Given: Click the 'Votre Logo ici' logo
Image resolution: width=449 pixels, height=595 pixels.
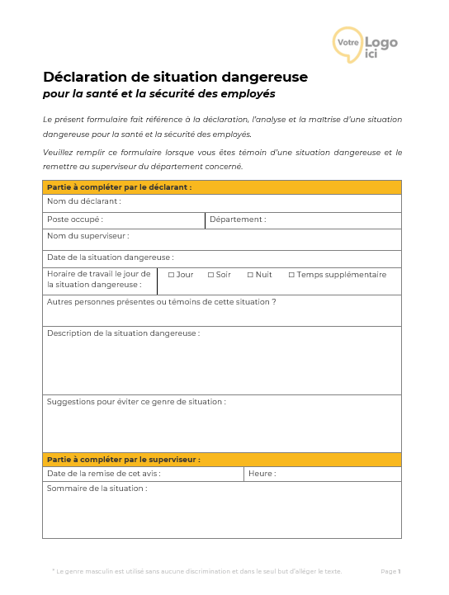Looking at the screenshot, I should pyautogui.click(x=365, y=44).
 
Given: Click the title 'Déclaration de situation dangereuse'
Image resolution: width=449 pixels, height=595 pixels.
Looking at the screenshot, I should pyautogui.click(x=175, y=77).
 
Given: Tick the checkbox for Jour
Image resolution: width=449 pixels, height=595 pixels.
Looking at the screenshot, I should pyautogui.click(x=171, y=275).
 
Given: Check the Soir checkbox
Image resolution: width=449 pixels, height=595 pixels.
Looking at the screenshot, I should pyautogui.click(x=210, y=275).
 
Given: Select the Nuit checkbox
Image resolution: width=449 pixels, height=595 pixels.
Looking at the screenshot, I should pyautogui.click(x=250, y=275).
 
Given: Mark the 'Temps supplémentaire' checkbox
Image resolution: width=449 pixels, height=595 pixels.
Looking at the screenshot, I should pyautogui.click(x=291, y=275).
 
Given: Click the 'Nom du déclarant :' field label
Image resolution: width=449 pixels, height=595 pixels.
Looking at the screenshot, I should pyautogui.click(x=83, y=201).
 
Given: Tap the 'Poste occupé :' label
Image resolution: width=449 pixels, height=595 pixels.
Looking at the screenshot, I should pyautogui.click(x=75, y=220).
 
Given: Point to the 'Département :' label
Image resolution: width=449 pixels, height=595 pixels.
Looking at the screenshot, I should pyautogui.click(x=238, y=220).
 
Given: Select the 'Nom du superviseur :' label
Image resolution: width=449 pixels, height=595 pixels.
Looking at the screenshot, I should pyautogui.click(x=87, y=236).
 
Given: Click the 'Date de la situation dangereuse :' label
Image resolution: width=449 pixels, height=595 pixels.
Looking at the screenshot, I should pyautogui.click(x=110, y=257).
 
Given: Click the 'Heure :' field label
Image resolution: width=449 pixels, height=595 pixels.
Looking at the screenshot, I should pyautogui.click(x=262, y=474).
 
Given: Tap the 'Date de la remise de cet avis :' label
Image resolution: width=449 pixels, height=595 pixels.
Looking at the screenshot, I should pyautogui.click(x=103, y=474).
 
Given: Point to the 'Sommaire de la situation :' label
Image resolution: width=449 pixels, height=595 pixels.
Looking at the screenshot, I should pyautogui.click(x=97, y=489).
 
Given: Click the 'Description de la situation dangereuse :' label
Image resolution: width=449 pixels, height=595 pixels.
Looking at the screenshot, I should pyautogui.click(x=123, y=333).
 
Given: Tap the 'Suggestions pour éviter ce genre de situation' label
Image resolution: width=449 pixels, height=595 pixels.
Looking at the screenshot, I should pyautogui.click(x=136, y=402).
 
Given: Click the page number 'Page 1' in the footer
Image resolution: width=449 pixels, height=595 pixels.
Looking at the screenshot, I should pyautogui.click(x=390, y=571).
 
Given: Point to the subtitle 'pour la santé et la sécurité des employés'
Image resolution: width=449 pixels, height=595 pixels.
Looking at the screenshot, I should pyautogui.click(x=159, y=94).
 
